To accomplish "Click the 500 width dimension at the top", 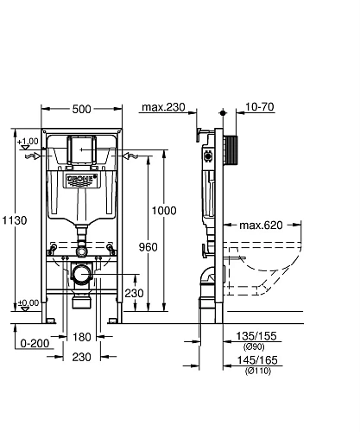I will pos(83,110).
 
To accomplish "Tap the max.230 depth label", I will pos(162,108).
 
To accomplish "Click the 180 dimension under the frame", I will pos(83,338).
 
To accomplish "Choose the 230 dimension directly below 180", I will pos(83,355).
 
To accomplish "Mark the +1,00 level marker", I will pos(28,141).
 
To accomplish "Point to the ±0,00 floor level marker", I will pos(28,302).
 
